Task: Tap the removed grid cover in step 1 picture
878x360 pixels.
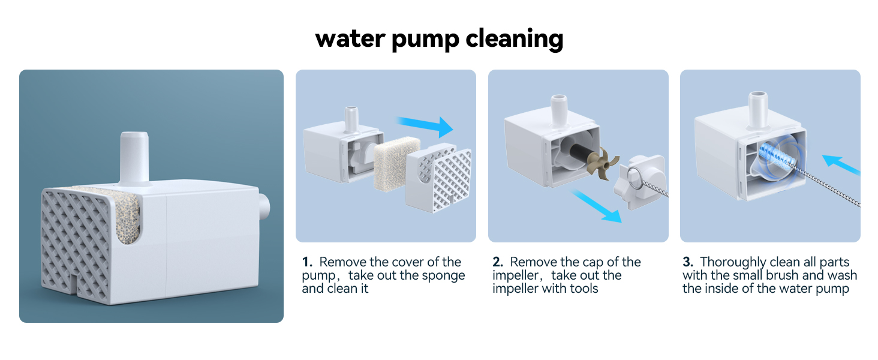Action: coord(438,178)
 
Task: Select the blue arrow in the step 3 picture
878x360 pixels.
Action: coord(840,166)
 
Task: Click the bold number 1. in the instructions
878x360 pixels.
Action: coord(307,262)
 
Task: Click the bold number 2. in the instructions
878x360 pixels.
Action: coord(498,262)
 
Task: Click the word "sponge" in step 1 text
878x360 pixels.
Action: coord(444,275)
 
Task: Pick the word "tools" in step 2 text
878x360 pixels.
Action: coord(582,289)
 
